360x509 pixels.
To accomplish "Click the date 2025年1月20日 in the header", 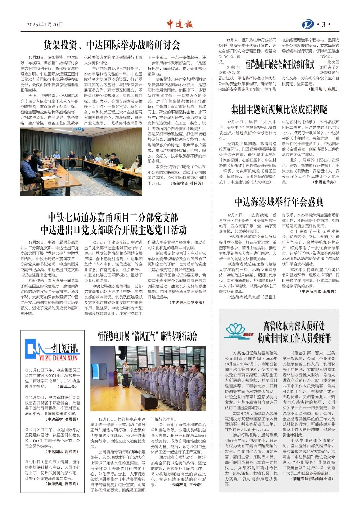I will [x=45, y=24].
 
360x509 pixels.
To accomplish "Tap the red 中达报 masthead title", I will [x=180, y=24].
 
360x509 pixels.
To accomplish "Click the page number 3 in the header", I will [x=324, y=24].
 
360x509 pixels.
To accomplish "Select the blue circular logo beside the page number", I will [x=308, y=24].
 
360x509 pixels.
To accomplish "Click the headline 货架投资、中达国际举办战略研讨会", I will [x=112, y=45].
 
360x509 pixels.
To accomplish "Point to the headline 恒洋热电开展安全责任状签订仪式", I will [x=280, y=65].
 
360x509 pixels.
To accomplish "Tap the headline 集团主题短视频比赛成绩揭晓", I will [x=279, y=109].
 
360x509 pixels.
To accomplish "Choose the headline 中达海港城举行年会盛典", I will [x=279, y=202].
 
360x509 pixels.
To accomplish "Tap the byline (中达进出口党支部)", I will [x=186, y=303].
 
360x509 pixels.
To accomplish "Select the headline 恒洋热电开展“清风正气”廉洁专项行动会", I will [x=148, y=336].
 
